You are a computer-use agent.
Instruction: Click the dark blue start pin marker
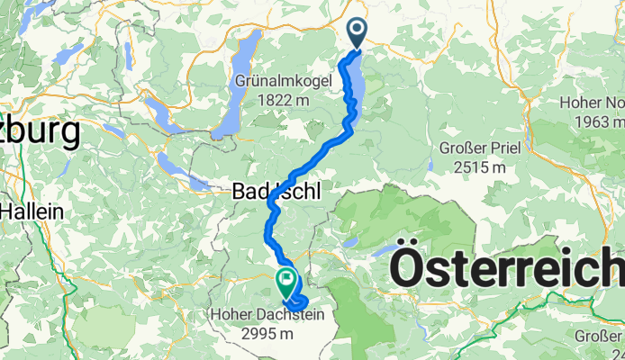[357, 33]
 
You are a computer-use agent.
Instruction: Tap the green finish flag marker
[286, 283]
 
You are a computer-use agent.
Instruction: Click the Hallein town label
[32, 211]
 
